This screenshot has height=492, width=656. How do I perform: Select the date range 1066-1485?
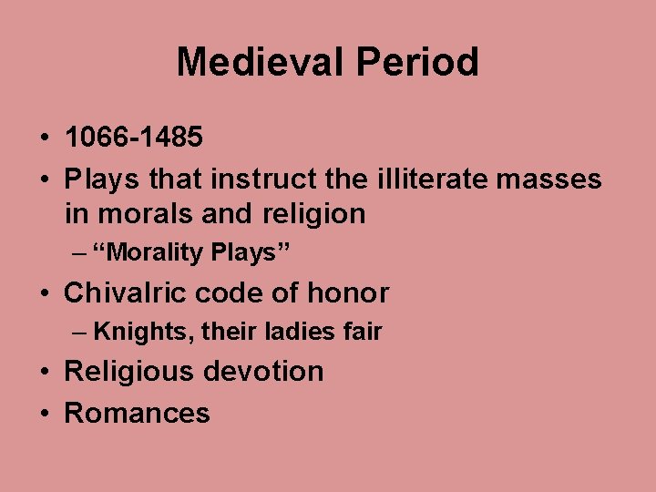(x=134, y=138)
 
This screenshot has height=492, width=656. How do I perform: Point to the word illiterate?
(x=428, y=179)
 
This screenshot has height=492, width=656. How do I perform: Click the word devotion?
(x=264, y=372)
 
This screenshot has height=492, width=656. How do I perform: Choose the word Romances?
(x=137, y=413)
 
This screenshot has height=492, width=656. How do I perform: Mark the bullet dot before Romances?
(x=45, y=414)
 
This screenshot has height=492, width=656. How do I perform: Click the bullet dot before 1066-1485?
(x=45, y=138)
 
